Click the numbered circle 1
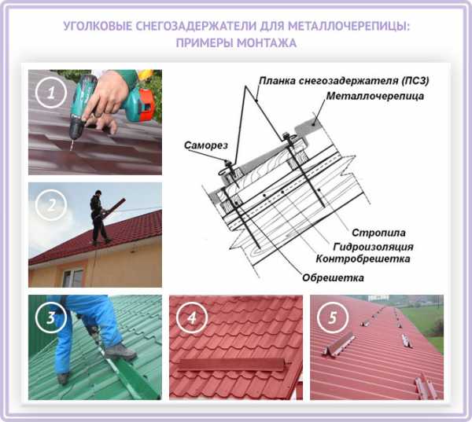[51, 93]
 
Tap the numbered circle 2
[51, 205]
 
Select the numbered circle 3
[51, 317]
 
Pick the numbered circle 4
[192, 317]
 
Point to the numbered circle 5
[333, 317]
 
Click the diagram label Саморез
[206, 145]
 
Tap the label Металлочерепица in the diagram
[375, 96]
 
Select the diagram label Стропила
[378, 233]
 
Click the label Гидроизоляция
[373, 247]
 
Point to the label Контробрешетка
[363, 259]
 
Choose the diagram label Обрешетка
[333, 277]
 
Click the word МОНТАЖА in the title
[267, 43]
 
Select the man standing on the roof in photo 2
[99, 217]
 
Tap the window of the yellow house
[72, 277]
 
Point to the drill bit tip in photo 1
[72, 149]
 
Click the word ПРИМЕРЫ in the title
[205, 43]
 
